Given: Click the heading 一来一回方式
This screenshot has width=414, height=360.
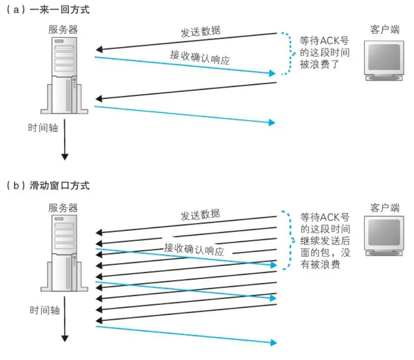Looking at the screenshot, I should tap(59, 10).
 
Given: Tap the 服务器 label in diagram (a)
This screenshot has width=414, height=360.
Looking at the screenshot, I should tap(63, 30).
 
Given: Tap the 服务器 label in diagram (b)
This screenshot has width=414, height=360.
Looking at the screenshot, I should tap(63, 208).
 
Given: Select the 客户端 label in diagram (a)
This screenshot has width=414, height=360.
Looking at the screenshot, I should tap(385, 30).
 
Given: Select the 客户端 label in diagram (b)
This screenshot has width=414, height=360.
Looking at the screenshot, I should tap(385, 208).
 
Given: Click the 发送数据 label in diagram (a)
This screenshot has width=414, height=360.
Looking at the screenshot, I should tap(201, 32).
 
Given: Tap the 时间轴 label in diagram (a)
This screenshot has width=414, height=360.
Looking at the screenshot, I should tap(43, 127).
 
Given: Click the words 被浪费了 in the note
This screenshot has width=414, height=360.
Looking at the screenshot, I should tap(318, 64).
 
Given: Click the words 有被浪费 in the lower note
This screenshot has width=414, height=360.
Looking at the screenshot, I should tap(319, 264).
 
